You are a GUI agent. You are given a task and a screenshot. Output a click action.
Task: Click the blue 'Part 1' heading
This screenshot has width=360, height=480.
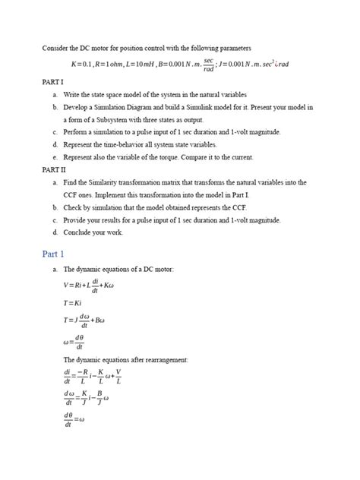tap(55, 253)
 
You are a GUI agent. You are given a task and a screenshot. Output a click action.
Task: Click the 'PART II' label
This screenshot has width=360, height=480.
tap(54, 169)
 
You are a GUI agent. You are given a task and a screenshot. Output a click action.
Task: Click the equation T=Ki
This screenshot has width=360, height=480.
tap(74, 302)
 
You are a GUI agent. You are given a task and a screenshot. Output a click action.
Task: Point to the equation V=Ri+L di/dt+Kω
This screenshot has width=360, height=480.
tap(92, 285)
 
